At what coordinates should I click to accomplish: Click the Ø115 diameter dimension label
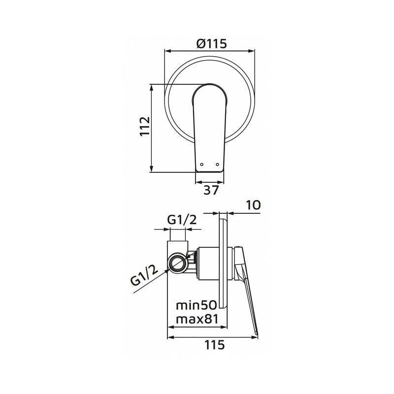(x=212, y=43)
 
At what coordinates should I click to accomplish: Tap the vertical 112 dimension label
(x=145, y=126)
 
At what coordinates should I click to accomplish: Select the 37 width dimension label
(x=211, y=190)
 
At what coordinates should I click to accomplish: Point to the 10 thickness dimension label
(x=253, y=205)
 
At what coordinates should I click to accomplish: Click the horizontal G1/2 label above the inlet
(x=182, y=220)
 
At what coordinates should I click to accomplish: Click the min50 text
(x=196, y=305)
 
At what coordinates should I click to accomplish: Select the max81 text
(x=197, y=320)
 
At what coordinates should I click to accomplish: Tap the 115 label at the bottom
(x=215, y=345)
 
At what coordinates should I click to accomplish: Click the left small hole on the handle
(x=201, y=164)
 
